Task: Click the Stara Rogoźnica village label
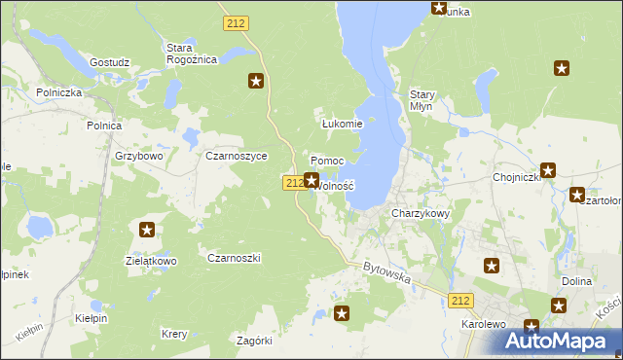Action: point(191,53)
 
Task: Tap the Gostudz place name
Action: point(109,62)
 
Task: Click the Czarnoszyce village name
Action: point(236,155)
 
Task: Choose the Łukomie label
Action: point(342,124)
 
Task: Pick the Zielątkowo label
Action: point(151,261)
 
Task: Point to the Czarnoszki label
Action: point(234,258)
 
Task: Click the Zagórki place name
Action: point(254,341)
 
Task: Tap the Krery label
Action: point(174,334)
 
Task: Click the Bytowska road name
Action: point(386,271)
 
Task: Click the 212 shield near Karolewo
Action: point(462,302)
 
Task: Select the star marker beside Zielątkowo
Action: point(147,230)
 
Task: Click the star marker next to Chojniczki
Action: point(548,170)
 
